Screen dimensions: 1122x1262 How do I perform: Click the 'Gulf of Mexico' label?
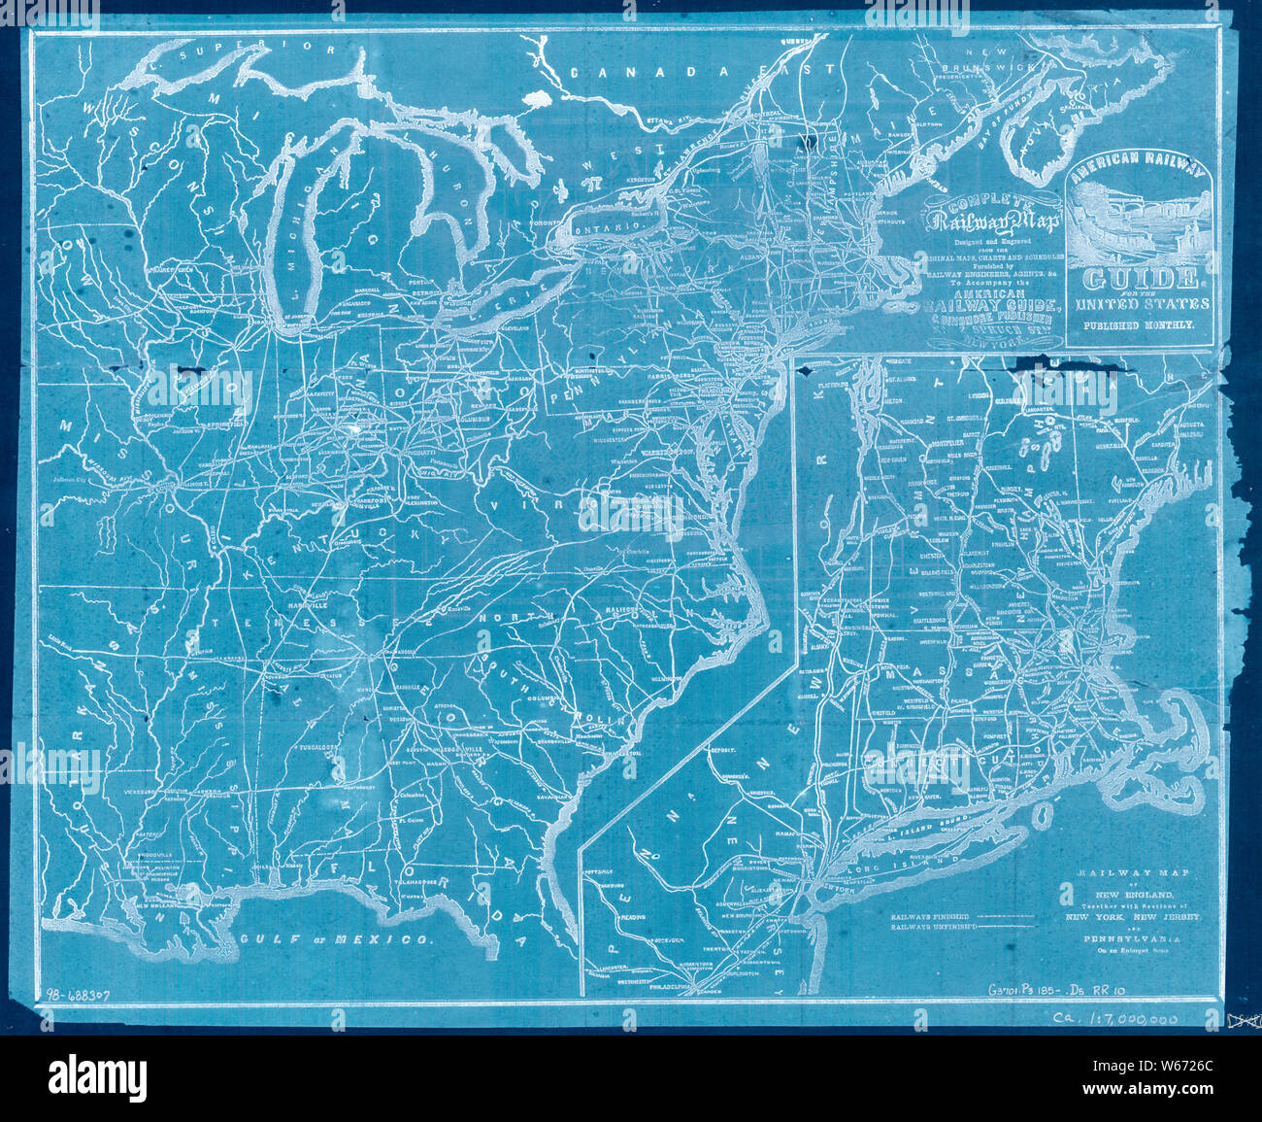coord(335,939)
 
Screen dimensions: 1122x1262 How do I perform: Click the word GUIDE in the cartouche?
coord(1140,280)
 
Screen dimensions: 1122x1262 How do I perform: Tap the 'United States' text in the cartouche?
coord(1140,304)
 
